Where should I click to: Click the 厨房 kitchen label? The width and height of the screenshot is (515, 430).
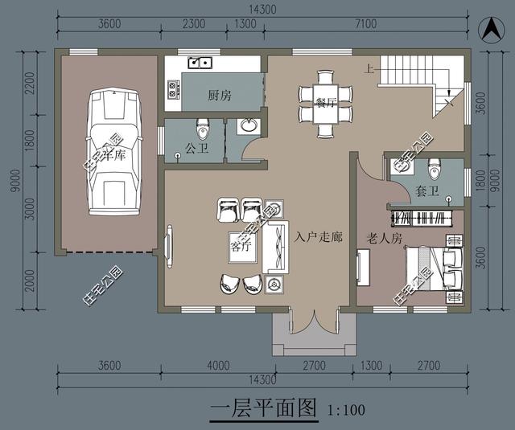tap(219, 96)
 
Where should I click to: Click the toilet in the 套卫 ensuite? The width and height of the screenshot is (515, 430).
tap(435, 170)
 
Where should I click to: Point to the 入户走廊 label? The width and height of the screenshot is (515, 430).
tap(319, 238)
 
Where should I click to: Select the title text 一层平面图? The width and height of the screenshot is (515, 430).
tap(264, 407)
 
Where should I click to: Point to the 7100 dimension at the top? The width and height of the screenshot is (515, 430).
tap(365, 24)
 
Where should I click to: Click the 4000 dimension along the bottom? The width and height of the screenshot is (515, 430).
tap(218, 366)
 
